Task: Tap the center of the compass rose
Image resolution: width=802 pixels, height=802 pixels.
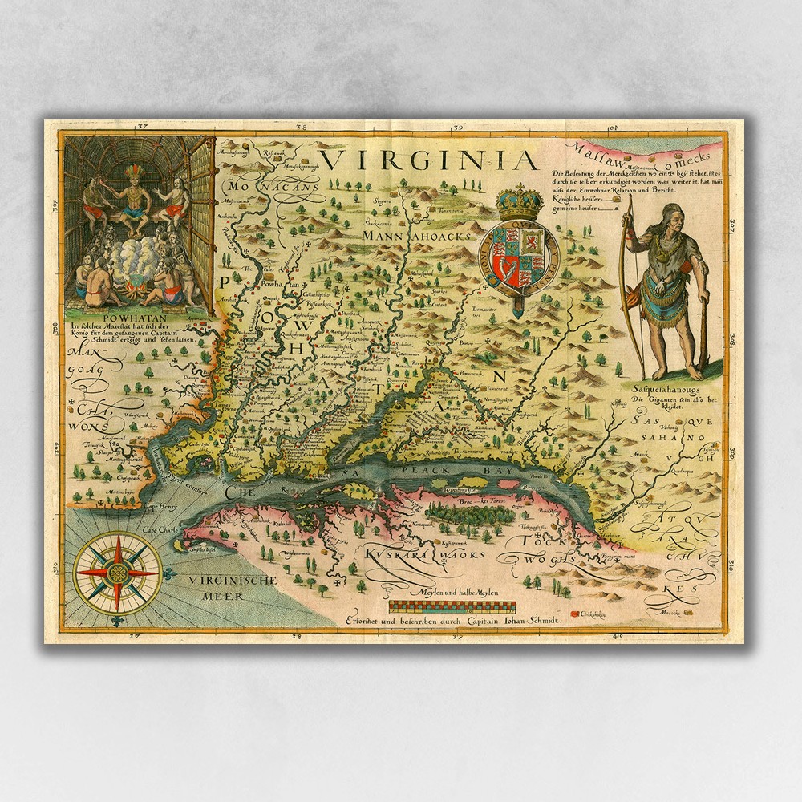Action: [x=117, y=573]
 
